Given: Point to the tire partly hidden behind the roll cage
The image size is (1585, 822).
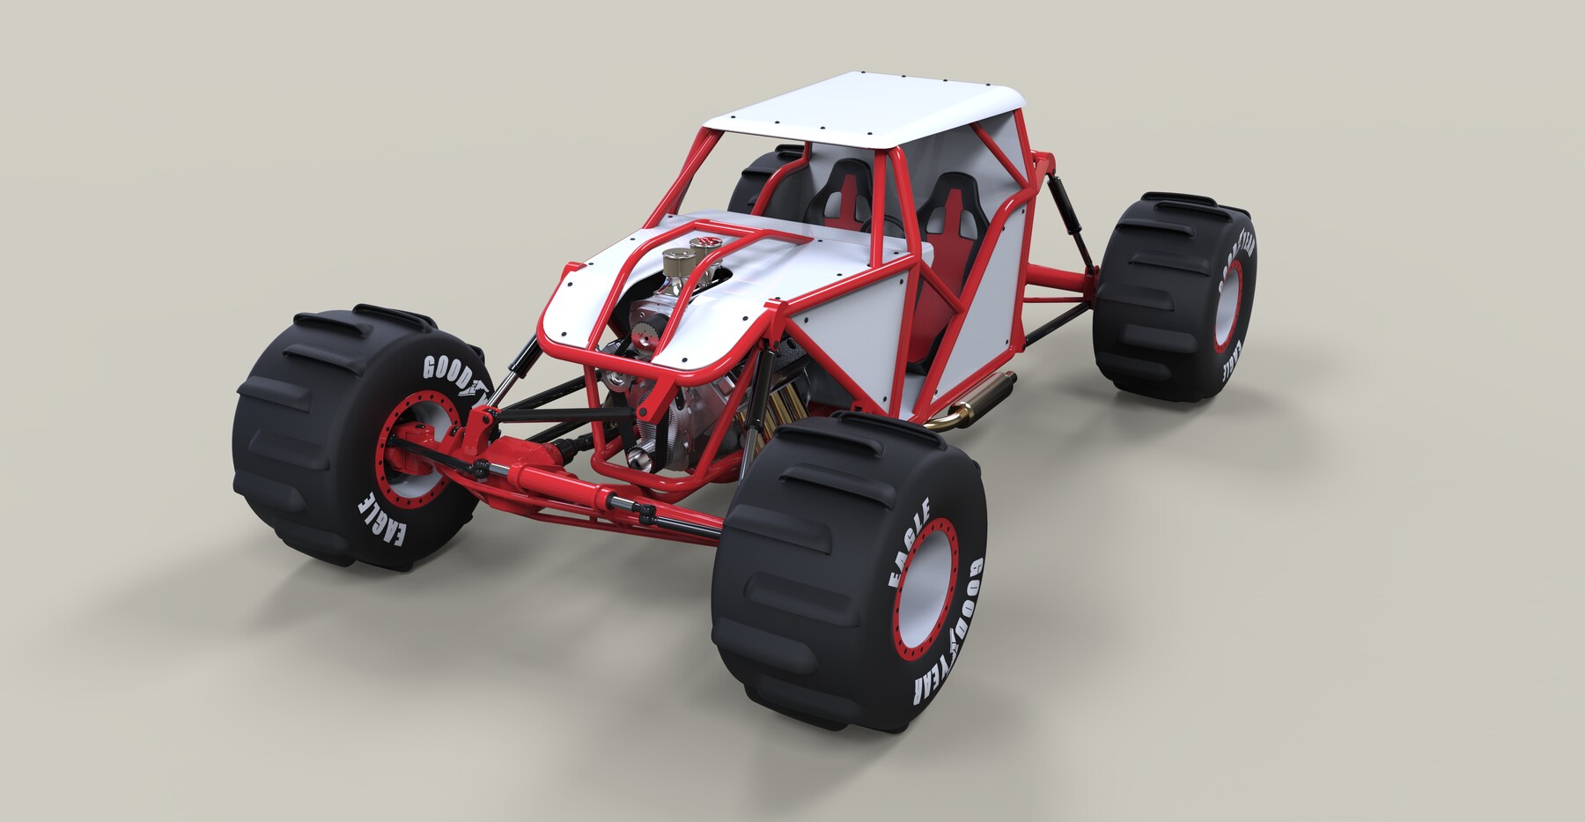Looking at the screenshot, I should (763, 176).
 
